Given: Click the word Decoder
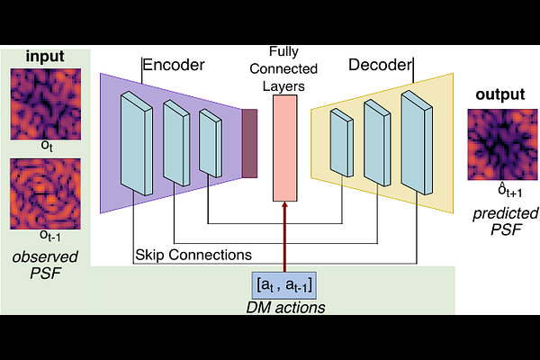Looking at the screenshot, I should click(380, 65).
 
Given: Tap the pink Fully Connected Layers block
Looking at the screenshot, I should click(287, 148).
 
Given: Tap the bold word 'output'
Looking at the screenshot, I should click(500, 94).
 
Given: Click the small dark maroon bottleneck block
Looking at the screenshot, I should click(248, 141).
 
